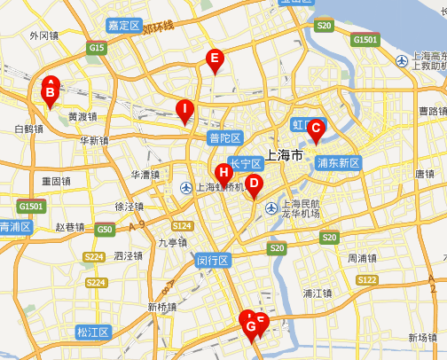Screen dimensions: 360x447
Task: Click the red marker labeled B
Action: (51, 90)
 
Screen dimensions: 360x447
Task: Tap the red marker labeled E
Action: (213, 59)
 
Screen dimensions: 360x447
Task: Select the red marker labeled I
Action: (184, 111)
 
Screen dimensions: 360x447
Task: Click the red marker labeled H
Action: (223, 172)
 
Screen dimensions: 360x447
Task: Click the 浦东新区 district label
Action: (338, 163)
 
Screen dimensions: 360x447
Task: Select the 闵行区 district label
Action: (213, 261)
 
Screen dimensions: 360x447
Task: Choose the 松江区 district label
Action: (92, 333)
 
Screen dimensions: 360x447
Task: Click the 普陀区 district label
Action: (224, 137)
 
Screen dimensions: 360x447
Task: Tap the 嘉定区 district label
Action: (123, 26)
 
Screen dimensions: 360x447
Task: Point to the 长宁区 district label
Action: (245, 163)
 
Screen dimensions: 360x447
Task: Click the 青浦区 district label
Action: (15, 227)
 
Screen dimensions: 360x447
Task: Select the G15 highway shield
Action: (97, 47)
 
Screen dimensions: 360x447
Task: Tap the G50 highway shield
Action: (106, 230)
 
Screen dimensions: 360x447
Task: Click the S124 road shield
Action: (183, 226)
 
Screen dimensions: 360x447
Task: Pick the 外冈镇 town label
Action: (43, 36)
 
